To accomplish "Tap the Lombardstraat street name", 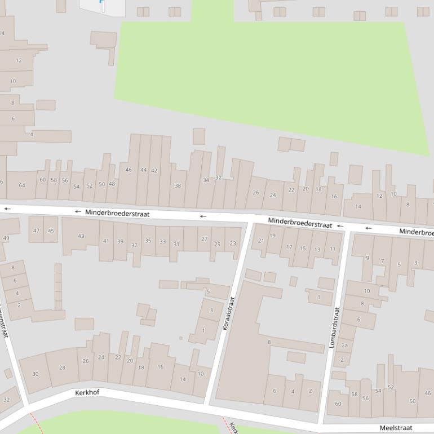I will [334, 327].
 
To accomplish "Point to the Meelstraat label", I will [396, 428].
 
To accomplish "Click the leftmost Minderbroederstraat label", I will [117, 214].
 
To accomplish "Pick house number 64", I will [22, 185].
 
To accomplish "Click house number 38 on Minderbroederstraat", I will [178, 185].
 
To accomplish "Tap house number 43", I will [81, 236].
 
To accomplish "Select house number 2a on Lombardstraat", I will [344, 346].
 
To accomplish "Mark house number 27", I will [204, 239].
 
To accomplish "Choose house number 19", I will [273, 236].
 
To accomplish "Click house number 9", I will [367, 258].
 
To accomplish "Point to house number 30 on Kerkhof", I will [36, 374].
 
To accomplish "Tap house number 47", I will [37, 231].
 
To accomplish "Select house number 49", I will [6, 238].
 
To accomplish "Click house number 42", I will [154, 170].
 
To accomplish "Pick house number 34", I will [206, 180].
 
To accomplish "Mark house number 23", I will [233, 243].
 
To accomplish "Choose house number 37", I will [134, 245].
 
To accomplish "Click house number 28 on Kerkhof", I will [62, 367].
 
